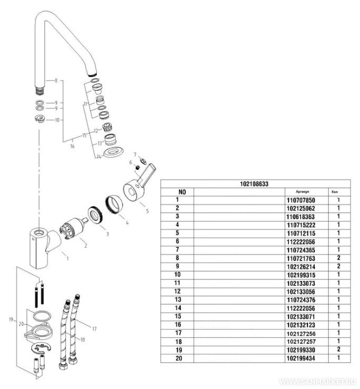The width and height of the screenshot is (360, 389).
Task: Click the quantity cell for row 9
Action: click(339, 266)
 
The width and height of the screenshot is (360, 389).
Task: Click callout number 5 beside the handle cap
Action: click(147, 211)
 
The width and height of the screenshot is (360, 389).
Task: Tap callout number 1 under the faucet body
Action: click(67, 258)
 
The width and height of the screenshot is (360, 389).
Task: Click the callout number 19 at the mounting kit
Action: click(11, 319)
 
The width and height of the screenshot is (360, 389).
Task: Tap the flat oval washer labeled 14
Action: click(112, 152)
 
